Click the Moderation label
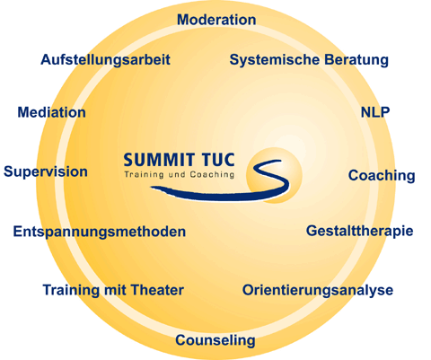(216, 20)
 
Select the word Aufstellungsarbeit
(105, 60)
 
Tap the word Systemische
(275, 59)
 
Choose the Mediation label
(51, 112)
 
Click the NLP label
(375, 112)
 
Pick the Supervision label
(46, 172)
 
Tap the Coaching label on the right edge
(382, 176)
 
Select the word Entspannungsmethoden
(100, 232)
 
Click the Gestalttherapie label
(359, 232)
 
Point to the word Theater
(157, 290)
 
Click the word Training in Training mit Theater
(71, 291)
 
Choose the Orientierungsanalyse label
(318, 290)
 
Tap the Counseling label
(215, 340)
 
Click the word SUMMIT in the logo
(159, 160)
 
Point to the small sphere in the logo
(274, 175)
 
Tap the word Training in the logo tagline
(144, 175)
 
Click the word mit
(115, 290)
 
